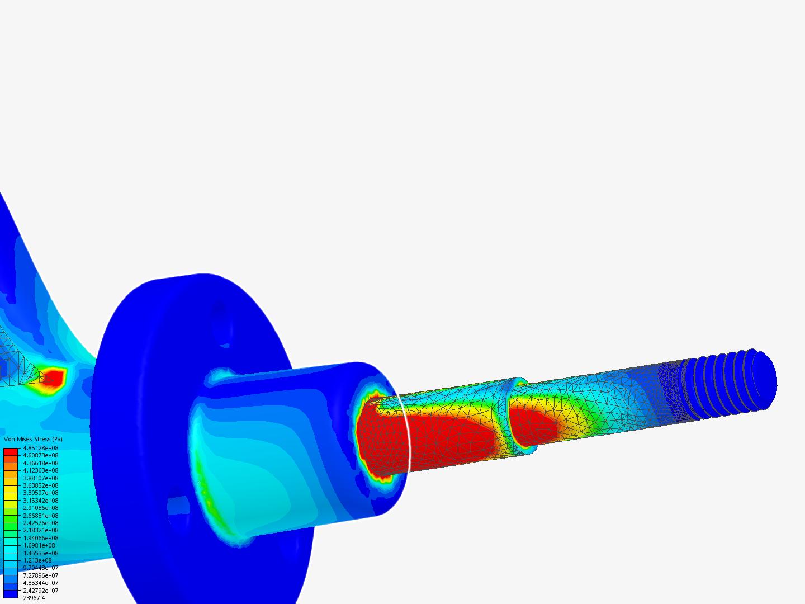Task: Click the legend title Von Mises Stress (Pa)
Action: (33, 439)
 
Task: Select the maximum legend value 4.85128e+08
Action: (41, 448)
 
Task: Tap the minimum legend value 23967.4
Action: (34, 598)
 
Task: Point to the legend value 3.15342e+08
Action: (41, 501)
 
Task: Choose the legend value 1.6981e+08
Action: (39, 545)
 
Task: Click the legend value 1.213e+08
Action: (37, 560)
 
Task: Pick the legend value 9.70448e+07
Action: (41, 568)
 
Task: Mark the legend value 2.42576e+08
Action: (41, 523)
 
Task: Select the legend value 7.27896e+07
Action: (41, 575)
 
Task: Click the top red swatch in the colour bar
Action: (11, 452)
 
